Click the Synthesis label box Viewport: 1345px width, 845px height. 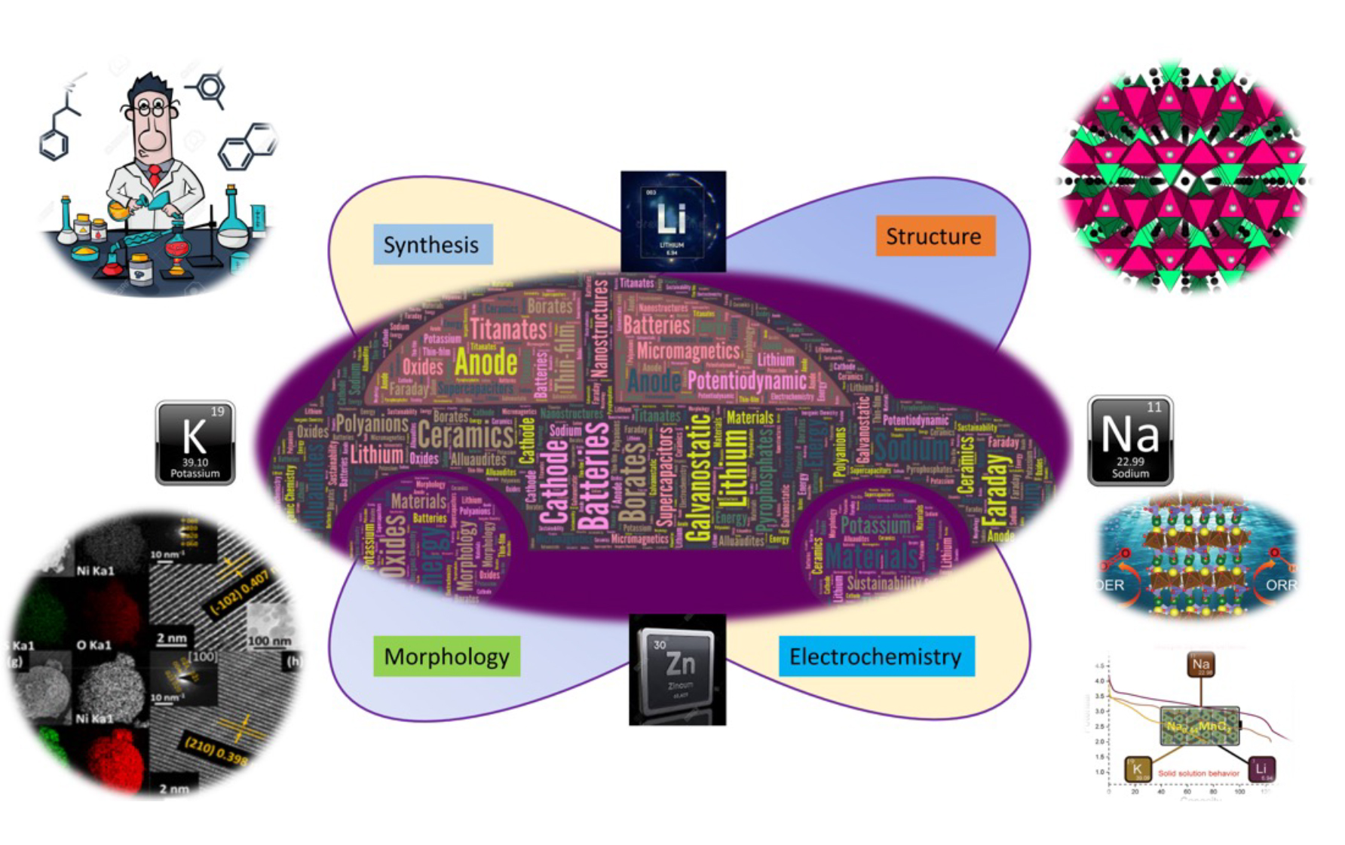click(432, 244)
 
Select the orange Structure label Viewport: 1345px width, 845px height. click(934, 236)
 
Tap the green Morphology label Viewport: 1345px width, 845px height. click(446, 656)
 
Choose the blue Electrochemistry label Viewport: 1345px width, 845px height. click(875, 657)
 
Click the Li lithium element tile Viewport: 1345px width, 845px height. click(672, 221)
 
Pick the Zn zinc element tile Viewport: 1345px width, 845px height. click(677, 670)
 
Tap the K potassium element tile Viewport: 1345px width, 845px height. click(195, 442)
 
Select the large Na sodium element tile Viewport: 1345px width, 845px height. click(1129, 441)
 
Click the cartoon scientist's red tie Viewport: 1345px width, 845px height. click(155, 176)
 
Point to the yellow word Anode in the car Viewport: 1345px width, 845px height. click(486, 363)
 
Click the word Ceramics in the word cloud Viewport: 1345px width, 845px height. click(466, 436)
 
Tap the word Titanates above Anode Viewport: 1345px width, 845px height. click(509, 329)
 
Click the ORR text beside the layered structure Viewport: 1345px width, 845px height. click(1280, 585)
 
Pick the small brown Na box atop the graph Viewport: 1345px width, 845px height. click(1200, 665)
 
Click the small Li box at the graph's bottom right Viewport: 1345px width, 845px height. click(1261, 769)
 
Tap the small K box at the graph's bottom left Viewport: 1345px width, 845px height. click(1137, 770)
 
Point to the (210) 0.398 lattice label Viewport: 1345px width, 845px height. click(216, 751)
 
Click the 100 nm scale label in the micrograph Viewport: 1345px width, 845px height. click(268, 641)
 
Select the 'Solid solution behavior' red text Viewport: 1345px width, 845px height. click(1198, 773)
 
